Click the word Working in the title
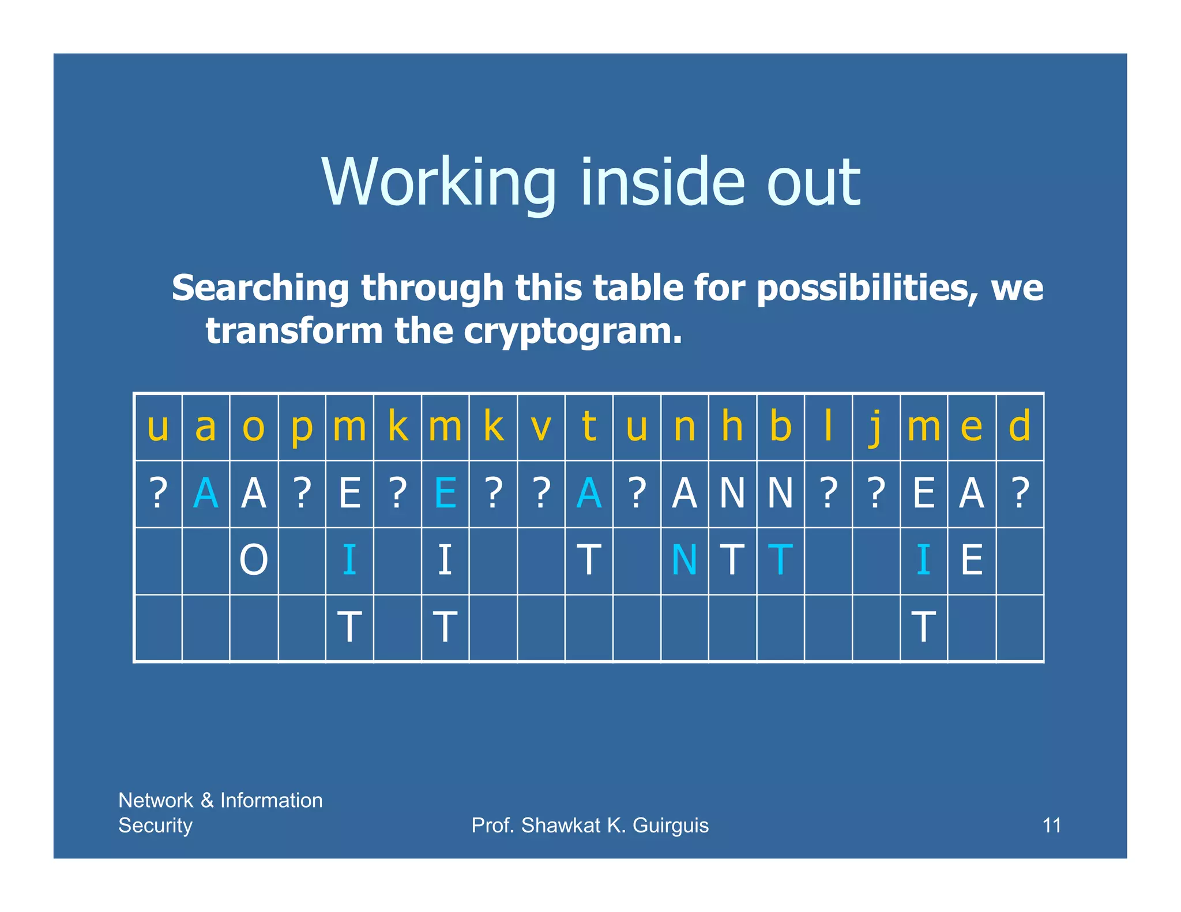click(438, 183)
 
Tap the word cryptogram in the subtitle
click(573, 331)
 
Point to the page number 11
click(1052, 825)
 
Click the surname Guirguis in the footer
click(671, 826)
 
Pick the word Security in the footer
click(155, 826)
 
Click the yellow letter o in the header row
click(254, 427)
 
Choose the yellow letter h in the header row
click(732, 427)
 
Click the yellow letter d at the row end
click(1020, 427)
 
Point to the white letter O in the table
click(254, 560)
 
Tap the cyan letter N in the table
click(684, 560)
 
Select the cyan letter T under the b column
click(780, 560)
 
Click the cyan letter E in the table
click(445, 493)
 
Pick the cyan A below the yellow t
click(589, 493)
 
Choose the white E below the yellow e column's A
click(972, 560)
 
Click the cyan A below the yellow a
click(206, 493)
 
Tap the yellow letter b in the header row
click(780, 427)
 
